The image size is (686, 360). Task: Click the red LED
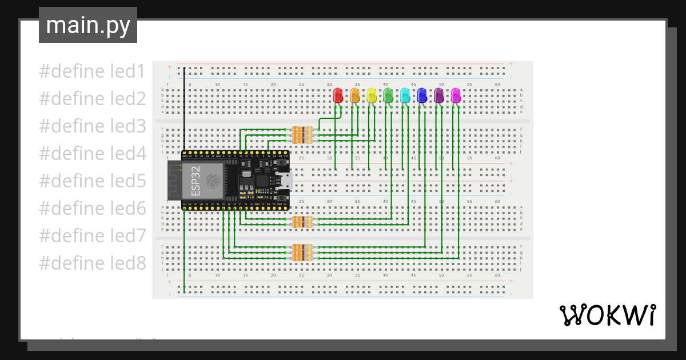click(337, 95)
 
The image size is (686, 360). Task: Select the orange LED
click(354, 95)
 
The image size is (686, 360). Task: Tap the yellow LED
click(371, 95)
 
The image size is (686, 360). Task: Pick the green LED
click(388, 95)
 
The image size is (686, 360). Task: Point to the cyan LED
click(405, 95)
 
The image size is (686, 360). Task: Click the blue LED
click(422, 95)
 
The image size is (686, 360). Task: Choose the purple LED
click(438, 95)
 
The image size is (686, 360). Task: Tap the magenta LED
click(456, 95)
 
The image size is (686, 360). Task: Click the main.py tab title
click(87, 25)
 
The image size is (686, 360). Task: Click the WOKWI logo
click(607, 315)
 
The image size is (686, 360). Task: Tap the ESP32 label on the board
click(196, 181)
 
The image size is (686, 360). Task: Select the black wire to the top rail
click(184, 109)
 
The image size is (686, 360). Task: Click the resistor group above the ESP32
click(302, 135)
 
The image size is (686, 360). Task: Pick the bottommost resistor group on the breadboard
click(302, 253)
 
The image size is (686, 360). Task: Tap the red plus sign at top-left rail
click(169, 66)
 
